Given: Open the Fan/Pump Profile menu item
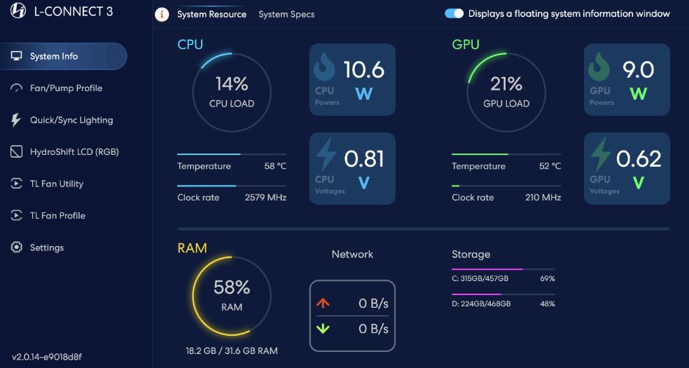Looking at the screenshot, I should click(66, 88).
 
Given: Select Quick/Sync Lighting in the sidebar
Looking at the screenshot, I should click(71, 120).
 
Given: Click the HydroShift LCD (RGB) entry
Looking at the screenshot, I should click(74, 152).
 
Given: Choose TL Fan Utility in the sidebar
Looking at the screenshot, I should click(56, 184).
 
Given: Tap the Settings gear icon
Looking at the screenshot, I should click(17, 247).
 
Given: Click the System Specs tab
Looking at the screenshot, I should click(286, 14).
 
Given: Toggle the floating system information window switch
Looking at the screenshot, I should click(454, 13).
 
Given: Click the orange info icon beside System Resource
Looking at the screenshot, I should click(162, 14).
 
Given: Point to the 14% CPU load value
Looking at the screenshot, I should click(232, 84).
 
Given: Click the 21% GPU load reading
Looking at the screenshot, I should click(506, 84).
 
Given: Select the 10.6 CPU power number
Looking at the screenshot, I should click(363, 69).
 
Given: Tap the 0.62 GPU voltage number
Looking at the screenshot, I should click(639, 158).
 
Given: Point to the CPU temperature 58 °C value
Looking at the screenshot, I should click(275, 166).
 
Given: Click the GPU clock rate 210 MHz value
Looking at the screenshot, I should click(543, 198).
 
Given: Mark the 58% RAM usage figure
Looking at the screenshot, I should click(232, 287).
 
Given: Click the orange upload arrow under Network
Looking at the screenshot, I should click(323, 304).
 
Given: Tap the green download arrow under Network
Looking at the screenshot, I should click(323, 329).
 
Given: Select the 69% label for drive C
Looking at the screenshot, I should click(548, 279).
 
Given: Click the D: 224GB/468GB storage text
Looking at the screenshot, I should click(481, 304).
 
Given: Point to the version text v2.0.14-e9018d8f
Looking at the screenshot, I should click(47, 357).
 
